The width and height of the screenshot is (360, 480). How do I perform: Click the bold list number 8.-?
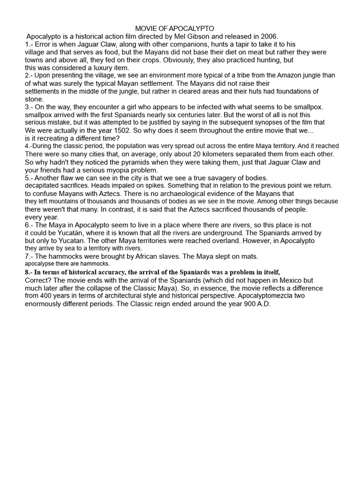[x=29, y=272]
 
